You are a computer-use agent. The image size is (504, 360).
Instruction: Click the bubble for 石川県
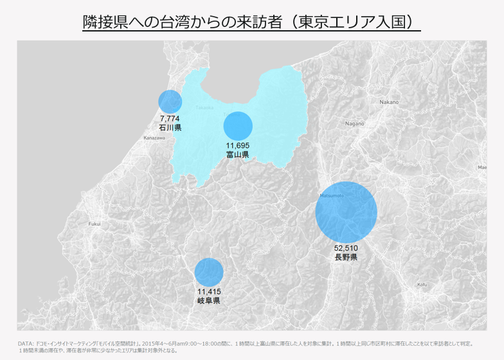[x=170, y=102]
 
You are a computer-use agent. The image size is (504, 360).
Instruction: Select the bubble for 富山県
[x=238, y=125]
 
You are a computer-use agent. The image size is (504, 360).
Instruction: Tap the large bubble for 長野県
[x=346, y=213]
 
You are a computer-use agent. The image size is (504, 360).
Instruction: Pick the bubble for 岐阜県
[x=209, y=272]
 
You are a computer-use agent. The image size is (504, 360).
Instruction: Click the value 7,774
[x=170, y=119]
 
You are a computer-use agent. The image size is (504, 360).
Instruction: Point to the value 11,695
[x=238, y=146]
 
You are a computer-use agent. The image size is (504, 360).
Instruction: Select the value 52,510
[x=346, y=248]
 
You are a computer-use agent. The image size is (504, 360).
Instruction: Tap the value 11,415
[x=209, y=292]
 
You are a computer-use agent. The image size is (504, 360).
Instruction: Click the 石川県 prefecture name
[x=170, y=128]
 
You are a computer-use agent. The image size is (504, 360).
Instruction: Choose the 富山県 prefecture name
[x=238, y=155]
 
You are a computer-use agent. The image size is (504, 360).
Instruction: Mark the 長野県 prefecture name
[x=346, y=257]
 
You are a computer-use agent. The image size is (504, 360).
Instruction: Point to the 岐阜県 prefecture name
[x=209, y=300]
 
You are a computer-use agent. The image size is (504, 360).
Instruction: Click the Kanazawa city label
[x=154, y=138]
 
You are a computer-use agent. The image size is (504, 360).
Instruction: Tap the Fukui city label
[x=94, y=224]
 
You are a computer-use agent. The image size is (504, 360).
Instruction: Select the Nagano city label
[x=354, y=123]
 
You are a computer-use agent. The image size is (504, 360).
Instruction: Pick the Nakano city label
[x=389, y=102]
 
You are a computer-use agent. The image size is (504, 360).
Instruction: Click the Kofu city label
[x=422, y=284]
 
